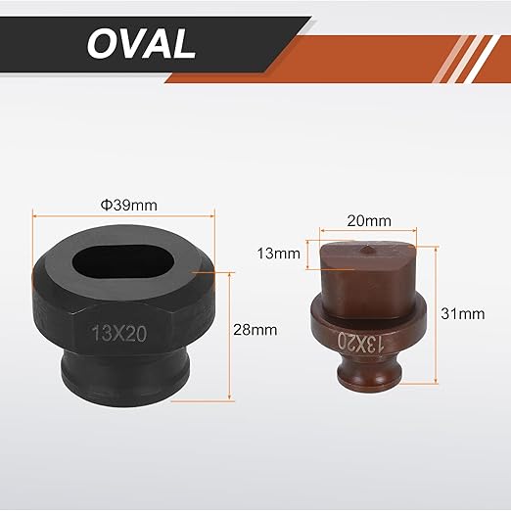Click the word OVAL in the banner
pos(142,43)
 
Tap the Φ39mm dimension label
pos(129,206)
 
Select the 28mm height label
pos(255,330)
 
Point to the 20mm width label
pos(369,221)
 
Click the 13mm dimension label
pos(279,254)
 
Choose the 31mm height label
pos(463,314)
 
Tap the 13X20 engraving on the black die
pos(119,333)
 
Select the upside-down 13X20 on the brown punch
pos(359,343)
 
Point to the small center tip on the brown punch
pos(366,249)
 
